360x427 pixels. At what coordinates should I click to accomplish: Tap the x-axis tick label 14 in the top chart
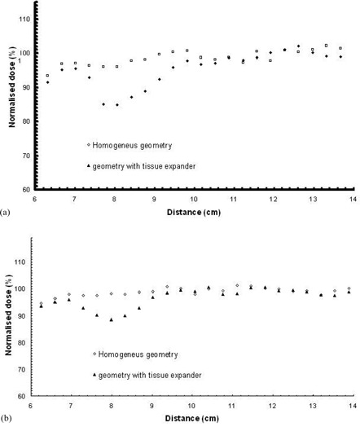click(353, 197)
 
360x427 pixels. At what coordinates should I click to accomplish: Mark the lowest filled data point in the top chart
click(117, 105)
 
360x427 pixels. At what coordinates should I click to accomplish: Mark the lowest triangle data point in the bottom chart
click(111, 319)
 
